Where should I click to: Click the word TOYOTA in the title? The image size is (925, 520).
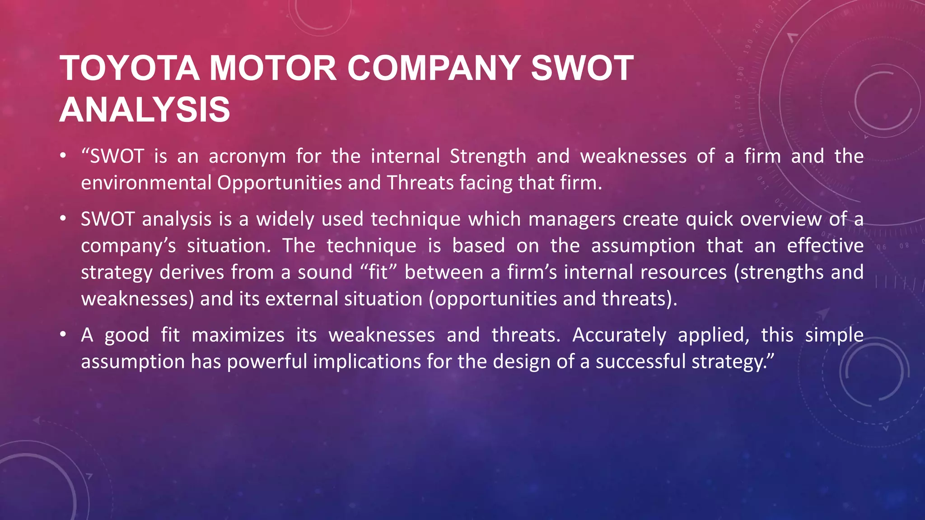[129, 69]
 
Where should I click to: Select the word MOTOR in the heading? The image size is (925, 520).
[273, 69]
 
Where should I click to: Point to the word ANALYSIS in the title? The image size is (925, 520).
[145, 110]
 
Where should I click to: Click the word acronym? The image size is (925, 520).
[247, 157]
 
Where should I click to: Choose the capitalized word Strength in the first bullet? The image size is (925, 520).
[488, 157]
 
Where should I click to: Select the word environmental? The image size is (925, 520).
[146, 183]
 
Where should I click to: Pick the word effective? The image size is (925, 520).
[825, 246]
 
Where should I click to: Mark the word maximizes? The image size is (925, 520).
[238, 335]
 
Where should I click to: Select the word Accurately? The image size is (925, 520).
[619, 335]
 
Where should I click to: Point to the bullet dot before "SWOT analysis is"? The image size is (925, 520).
[63, 219]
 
